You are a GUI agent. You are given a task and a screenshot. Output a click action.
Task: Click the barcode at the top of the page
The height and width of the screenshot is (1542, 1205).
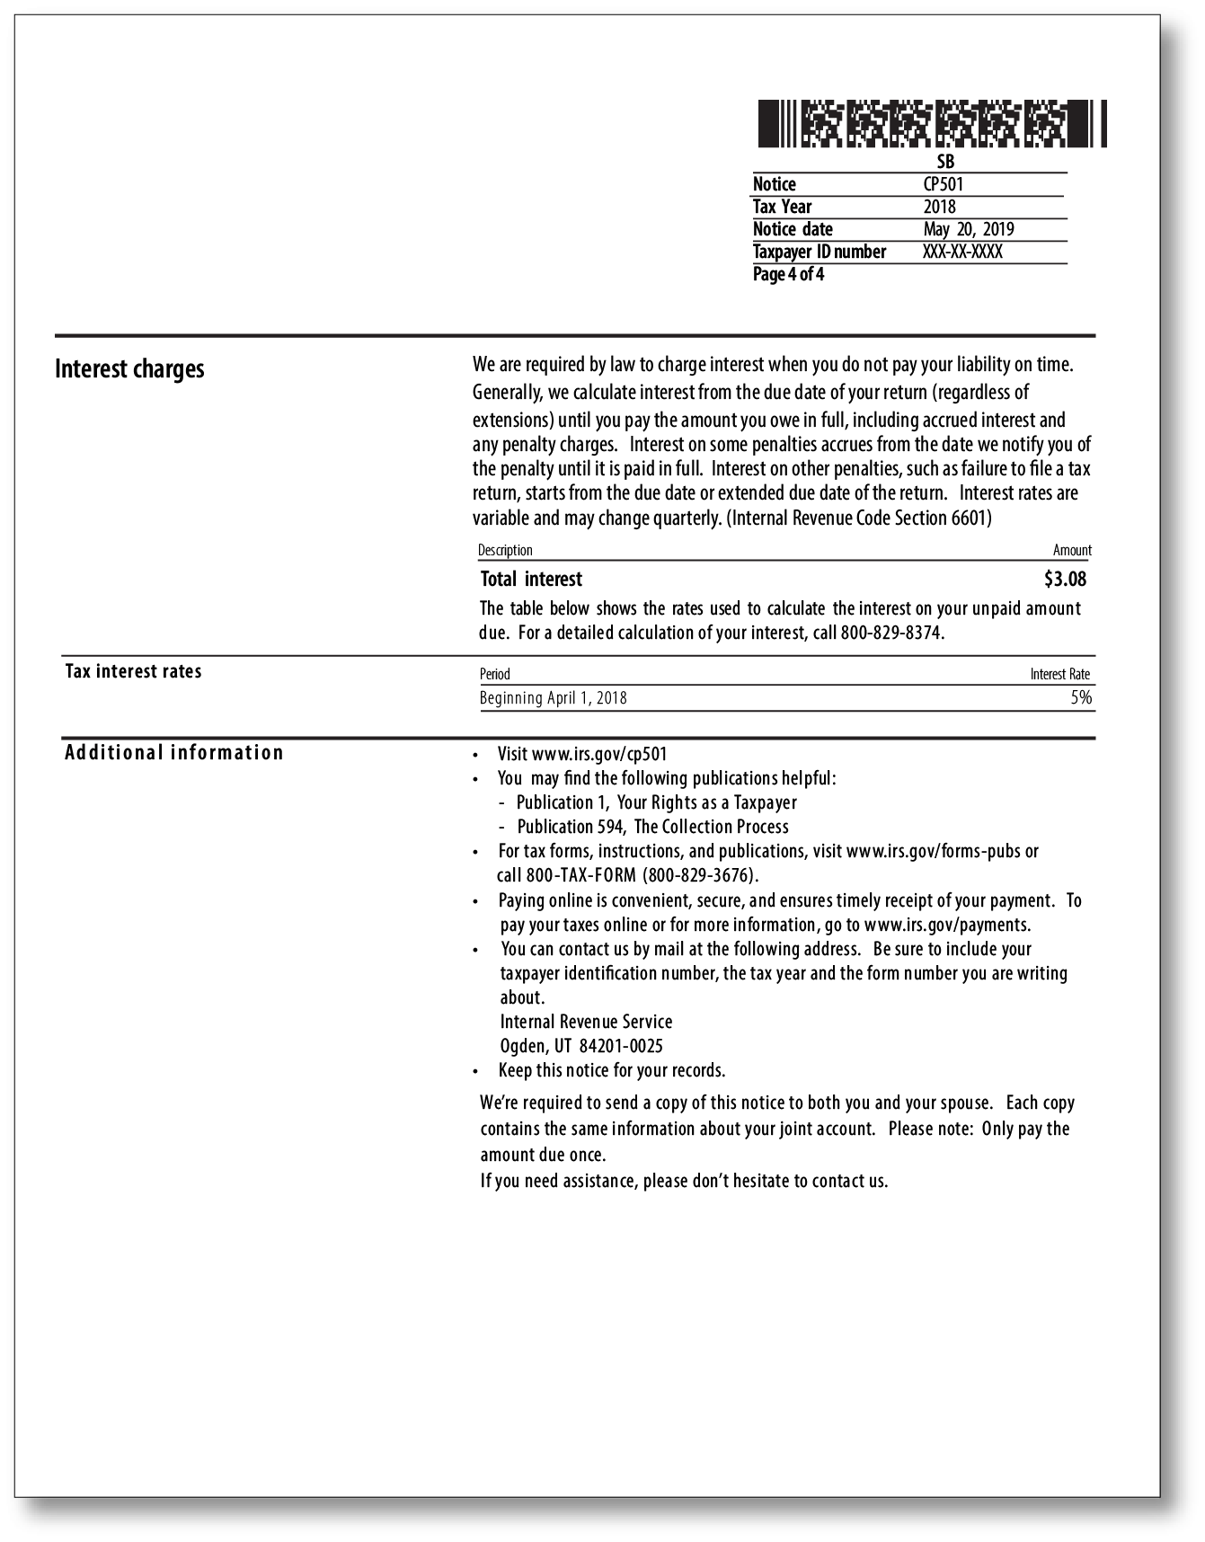point(932,124)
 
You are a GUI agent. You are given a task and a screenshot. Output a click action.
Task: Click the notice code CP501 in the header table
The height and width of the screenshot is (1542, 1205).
point(943,184)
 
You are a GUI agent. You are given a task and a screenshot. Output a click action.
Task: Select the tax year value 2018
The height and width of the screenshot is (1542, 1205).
point(939,207)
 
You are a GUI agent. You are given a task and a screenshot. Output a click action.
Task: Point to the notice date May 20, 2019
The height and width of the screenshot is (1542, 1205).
point(968,229)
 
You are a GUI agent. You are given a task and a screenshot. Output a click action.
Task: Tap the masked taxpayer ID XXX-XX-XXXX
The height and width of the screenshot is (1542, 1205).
point(961,252)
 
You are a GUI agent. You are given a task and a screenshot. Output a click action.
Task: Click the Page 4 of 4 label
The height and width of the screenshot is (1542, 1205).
point(788,274)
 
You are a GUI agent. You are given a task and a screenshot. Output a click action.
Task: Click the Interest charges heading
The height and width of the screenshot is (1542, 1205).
point(129,369)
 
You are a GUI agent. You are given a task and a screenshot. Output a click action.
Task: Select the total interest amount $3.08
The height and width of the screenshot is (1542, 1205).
point(1065,579)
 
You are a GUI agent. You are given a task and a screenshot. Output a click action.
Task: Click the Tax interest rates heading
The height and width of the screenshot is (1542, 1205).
point(133,671)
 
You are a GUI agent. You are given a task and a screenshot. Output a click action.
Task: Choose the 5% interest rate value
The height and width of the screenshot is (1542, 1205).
point(1081,697)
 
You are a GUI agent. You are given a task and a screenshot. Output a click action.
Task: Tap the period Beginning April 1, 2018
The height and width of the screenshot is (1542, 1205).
point(553,698)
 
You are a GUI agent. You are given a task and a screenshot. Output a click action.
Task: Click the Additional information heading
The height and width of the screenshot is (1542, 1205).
point(173,752)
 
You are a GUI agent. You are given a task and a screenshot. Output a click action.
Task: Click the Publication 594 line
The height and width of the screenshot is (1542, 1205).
point(652,827)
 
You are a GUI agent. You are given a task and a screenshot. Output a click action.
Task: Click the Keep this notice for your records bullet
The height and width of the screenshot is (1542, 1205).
point(611,1070)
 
